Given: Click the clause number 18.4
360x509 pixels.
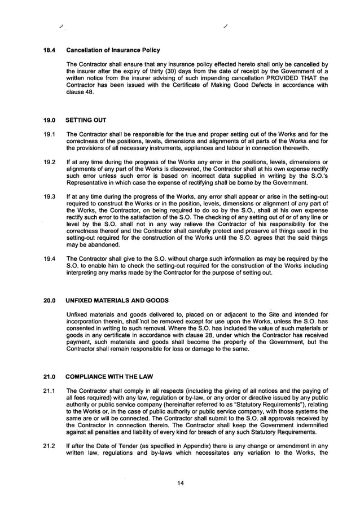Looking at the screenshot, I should (50, 50).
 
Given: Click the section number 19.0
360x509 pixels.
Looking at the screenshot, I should (50, 120).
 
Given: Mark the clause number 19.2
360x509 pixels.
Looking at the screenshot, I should (50, 163).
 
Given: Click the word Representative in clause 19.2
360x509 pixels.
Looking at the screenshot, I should (85, 183).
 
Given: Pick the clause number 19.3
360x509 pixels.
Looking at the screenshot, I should (50, 198).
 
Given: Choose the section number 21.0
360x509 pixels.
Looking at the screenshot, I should (50, 376).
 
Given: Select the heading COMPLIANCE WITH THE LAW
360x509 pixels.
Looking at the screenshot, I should (108, 376).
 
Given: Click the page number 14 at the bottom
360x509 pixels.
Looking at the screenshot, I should (179, 483).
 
